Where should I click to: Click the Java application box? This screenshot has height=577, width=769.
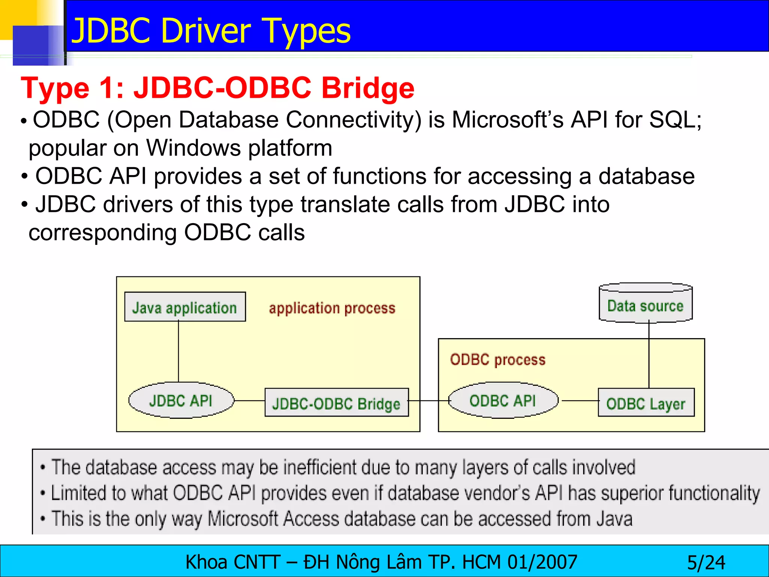pyautogui.click(x=185, y=307)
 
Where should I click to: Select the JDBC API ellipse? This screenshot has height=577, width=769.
pyautogui.click(x=181, y=400)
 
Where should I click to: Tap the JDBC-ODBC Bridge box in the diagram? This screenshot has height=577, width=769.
pyautogui.click(x=336, y=403)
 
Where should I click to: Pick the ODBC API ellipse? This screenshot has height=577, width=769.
pyautogui.click(x=503, y=400)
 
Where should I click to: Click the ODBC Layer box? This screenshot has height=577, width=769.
pyautogui.click(x=646, y=403)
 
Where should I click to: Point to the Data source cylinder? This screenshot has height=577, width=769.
pyautogui.click(x=645, y=304)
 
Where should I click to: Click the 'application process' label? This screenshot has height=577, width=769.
pyautogui.click(x=332, y=308)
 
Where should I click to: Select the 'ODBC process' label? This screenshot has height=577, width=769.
pyautogui.click(x=498, y=359)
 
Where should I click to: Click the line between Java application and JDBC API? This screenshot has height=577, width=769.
pyautogui.click(x=178, y=351)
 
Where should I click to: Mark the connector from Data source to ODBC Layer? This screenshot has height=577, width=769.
pyautogui.click(x=649, y=355)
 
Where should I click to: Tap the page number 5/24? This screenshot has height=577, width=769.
pyautogui.click(x=706, y=563)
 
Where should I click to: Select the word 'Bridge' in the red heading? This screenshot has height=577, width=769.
pyautogui.click(x=368, y=88)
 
